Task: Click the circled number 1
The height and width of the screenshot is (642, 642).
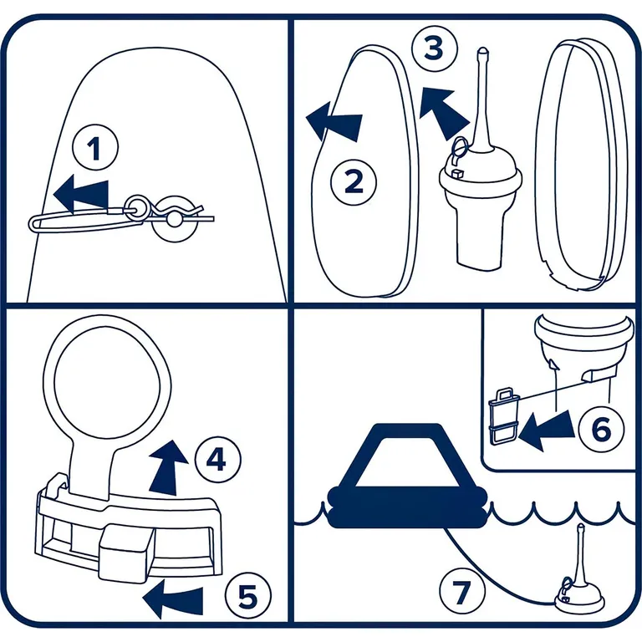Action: pos(95,147)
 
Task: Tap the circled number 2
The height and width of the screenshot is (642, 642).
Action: pos(354,181)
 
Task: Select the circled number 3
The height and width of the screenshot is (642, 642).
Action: pos(434,48)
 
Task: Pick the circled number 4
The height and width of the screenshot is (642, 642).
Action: pos(217,460)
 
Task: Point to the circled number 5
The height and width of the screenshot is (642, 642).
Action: pos(247,595)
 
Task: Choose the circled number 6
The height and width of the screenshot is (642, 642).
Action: pos(601,429)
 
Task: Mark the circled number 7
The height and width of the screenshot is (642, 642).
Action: pos(461,591)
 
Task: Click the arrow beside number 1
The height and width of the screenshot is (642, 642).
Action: pos(81,196)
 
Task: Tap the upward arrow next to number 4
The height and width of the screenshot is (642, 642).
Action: pos(168,467)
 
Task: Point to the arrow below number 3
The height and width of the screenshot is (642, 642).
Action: pos(444,113)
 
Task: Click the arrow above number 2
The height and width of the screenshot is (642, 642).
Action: pos(334,122)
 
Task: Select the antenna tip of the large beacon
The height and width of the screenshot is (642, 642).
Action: pos(483,52)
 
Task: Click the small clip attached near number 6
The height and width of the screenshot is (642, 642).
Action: pos(504,416)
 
